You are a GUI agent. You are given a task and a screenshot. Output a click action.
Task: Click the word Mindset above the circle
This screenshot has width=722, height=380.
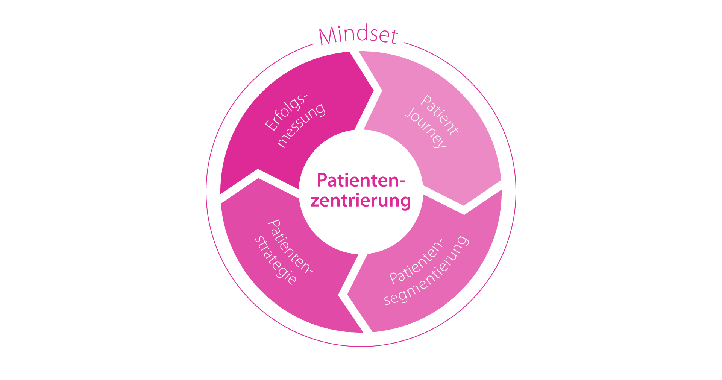[358, 36]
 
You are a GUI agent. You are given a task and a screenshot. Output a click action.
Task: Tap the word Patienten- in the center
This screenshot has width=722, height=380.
[361, 180]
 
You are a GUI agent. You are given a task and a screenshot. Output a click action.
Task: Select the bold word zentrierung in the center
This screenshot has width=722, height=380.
[360, 200]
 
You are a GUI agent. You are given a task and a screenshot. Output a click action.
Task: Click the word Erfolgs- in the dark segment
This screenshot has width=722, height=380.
[286, 112]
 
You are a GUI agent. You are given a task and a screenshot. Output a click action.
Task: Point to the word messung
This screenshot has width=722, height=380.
[301, 125]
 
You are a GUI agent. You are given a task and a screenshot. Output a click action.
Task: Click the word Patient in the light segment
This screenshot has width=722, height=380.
[440, 115]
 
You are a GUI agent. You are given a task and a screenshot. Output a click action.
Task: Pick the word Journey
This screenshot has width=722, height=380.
[425, 128]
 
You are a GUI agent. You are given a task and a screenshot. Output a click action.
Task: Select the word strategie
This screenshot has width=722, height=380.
[276, 260]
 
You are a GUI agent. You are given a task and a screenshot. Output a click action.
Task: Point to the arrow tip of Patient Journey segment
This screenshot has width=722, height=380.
[464, 205]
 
